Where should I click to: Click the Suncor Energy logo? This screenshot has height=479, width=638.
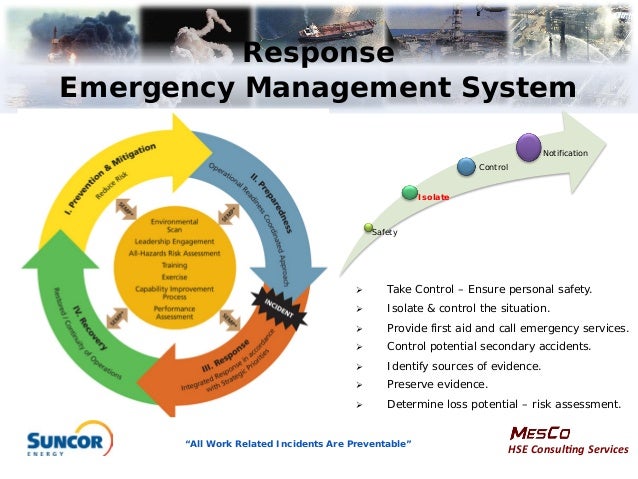[x=68, y=439]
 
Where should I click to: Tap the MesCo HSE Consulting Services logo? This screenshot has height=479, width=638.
[x=568, y=440]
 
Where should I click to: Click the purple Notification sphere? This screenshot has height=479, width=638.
[x=529, y=147]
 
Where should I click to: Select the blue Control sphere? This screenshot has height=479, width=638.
[x=466, y=166]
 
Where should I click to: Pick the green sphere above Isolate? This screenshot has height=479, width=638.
[x=409, y=191]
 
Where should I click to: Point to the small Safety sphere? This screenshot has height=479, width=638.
[x=369, y=228]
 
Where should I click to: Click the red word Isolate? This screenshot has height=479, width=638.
[x=433, y=198]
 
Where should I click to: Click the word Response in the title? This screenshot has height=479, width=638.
[x=319, y=52]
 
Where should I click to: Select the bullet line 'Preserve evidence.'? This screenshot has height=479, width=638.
[x=437, y=384]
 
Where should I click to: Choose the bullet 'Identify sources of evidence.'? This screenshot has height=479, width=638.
[x=463, y=366]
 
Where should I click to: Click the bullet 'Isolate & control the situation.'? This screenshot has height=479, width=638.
[x=468, y=308]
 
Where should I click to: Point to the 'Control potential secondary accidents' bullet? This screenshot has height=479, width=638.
[x=488, y=346]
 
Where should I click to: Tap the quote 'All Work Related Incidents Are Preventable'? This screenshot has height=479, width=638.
[x=299, y=443]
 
